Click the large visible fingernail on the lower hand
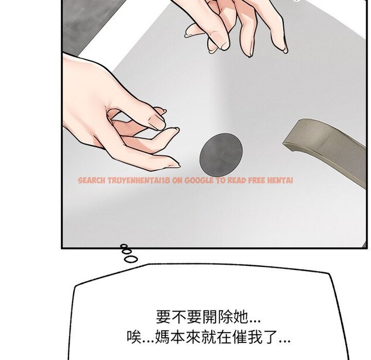tap(156, 121)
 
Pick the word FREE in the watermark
tap(256, 181)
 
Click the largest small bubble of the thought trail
tap(132, 258)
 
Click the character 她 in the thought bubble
tap(241, 318)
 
